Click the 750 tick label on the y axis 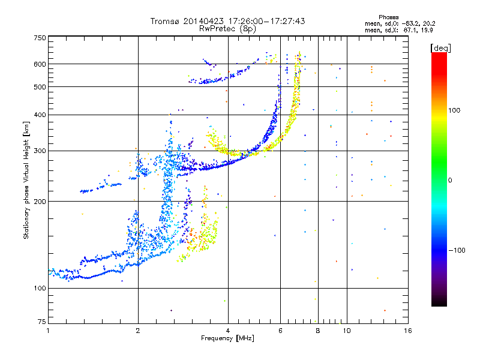point(40,37)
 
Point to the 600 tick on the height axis point(40,64)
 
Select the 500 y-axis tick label point(40,87)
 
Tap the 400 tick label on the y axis point(40,115)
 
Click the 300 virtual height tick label point(40,151)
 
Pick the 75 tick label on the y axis point(41,323)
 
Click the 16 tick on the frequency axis point(407,330)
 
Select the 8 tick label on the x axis point(318,330)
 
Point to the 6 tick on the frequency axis point(280,330)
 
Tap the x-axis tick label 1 point(48,330)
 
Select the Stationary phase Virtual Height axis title point(26,180)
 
